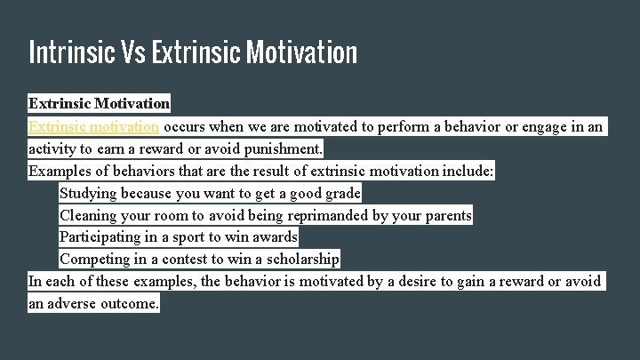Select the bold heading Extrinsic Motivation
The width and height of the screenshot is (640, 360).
coord(99,104)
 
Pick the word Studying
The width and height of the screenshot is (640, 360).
coord(90,193)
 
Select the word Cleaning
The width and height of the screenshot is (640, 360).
coord(91,215)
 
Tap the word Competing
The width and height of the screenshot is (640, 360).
coord(96,260)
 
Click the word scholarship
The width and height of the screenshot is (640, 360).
coord(300,260)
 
